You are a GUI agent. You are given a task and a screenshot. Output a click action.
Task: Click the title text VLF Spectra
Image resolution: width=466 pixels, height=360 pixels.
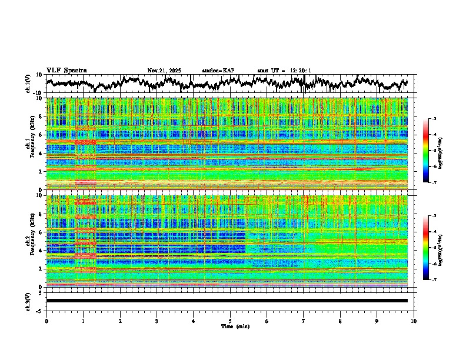click(x=66, y=71)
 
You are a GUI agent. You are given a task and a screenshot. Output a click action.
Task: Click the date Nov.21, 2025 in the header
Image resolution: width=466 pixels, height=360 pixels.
click(x=164, y=71)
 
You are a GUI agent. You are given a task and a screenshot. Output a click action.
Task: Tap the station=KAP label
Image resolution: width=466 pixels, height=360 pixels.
click(x=218, y=71)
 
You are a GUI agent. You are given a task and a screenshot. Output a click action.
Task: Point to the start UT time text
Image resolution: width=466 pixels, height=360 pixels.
click(x=284, y=71)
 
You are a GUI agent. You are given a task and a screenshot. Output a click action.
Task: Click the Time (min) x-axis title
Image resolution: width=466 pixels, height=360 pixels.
click(x=235, y=326)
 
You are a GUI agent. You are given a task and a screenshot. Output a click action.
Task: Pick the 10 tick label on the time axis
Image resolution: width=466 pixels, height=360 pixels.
click(x=414, y=321)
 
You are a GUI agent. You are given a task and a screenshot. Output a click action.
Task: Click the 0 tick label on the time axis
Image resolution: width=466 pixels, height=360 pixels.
click(x=46, y=321)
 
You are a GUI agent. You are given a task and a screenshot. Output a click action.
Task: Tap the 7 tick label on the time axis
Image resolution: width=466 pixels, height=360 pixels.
click(x=304, y=321)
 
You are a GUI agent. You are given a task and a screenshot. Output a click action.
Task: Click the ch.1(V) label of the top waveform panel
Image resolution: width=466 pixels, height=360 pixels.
click(x=28, y=84)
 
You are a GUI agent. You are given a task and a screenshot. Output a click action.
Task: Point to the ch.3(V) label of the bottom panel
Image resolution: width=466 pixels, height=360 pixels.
click(x=28, y=301)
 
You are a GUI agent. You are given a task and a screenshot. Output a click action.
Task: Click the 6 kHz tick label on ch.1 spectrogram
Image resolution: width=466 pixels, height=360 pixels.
click(x=41, y=135)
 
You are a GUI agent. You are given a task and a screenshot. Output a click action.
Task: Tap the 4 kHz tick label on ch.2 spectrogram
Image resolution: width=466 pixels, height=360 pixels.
click(x=41, y=250)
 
